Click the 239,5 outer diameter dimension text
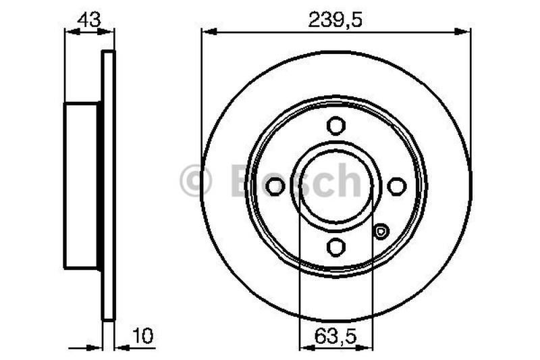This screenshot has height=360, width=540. coord(335,20)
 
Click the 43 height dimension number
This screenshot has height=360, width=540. coord(89,20)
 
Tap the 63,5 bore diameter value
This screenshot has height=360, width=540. coord(335,334)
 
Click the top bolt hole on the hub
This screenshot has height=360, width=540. coord(335,126)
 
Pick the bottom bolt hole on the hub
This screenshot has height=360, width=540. coord(335,247)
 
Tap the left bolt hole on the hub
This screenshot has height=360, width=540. coord(275,186)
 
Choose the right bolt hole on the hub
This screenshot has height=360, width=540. coord(396,186)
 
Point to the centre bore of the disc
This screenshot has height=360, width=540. coord(335,186)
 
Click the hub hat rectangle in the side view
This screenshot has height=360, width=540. coord(82,186)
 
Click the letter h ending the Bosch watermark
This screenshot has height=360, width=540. coord(349,180)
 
